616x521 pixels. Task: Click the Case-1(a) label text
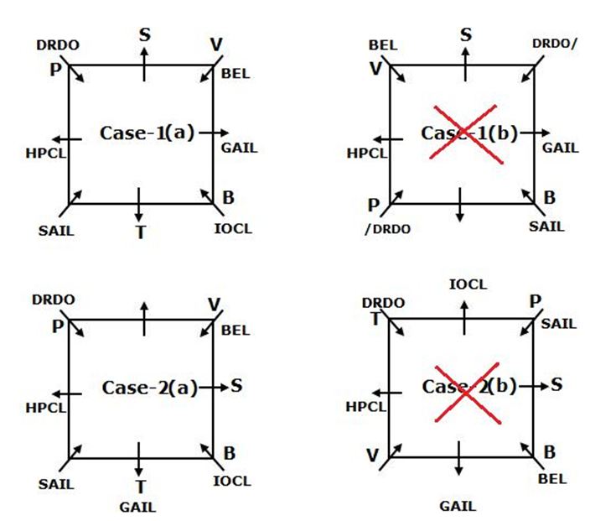point(147,133)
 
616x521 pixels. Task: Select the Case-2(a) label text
point(149,387)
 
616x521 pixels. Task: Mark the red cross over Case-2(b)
point(465,392)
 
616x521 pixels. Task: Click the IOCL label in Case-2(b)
point(467,284)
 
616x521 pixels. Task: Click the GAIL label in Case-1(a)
point(239,148)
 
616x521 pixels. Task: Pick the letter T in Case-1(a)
point(141,232)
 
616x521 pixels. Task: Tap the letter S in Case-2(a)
point(236,385)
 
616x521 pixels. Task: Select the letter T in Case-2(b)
point(376,318)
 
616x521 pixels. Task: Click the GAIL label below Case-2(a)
point(137,507)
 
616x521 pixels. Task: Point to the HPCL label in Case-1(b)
point(367,154)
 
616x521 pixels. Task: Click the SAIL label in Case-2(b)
point(558,324)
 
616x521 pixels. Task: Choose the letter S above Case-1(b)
point(466,34)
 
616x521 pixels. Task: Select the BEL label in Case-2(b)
point(551,479)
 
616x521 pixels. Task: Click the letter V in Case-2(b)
point(372,456)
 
